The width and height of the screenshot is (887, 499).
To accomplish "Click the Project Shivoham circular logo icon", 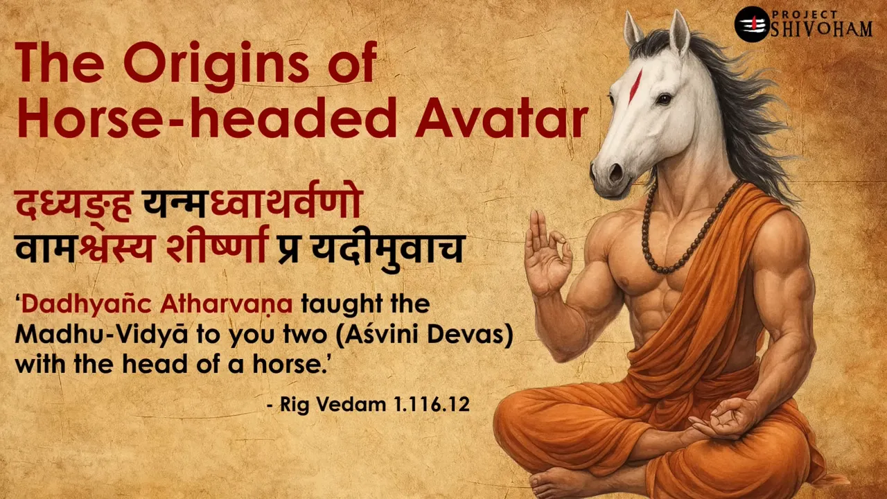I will point(752,24).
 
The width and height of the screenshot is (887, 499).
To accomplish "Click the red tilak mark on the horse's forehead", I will point(635,86).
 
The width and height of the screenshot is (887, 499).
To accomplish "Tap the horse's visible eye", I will point(663,98).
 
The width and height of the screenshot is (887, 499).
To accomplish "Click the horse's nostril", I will point(614,170).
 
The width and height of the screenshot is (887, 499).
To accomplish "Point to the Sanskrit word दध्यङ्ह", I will point(73,206).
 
